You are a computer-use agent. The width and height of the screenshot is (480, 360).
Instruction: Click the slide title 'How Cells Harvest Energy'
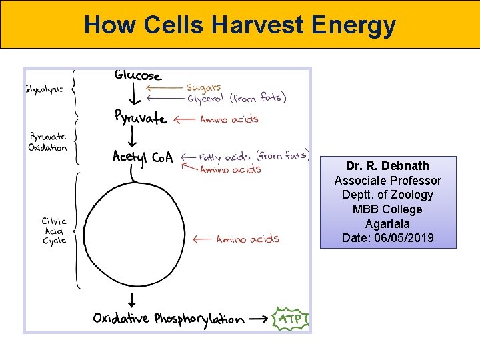point(240,25)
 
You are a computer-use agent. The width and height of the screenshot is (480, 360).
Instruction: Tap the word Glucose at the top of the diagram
point(138,75)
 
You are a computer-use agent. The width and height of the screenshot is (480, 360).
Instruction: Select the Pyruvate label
point(140,119)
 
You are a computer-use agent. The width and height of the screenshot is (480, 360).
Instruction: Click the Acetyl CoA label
point(143,157)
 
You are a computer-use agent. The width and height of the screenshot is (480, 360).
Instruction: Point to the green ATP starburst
point(290,319)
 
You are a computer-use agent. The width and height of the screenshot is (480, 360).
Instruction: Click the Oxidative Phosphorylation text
point(169,319)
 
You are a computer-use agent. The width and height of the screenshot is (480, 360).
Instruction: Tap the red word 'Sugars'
point(203,87)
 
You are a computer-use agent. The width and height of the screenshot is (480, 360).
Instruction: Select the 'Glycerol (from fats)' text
point(236,99)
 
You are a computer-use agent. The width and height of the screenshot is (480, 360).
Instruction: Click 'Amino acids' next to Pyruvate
point(229,119)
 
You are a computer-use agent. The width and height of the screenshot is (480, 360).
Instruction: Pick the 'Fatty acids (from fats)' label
point(253,157)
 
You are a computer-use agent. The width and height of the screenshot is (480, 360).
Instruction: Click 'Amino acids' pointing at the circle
point(247,239)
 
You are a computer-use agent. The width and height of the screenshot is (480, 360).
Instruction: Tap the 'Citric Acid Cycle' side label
point(54,231)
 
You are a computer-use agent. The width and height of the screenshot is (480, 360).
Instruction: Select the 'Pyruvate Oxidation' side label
point(47,142)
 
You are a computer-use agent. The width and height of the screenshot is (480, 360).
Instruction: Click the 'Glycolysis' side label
point(45,89)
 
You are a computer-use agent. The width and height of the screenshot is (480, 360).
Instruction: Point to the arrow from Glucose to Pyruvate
point(133,96)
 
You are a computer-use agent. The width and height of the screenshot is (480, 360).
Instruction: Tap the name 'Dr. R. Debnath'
point(387,166)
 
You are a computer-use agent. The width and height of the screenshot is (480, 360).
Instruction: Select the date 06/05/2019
point(387,238)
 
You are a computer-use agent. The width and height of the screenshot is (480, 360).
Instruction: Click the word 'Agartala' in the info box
point(387,223)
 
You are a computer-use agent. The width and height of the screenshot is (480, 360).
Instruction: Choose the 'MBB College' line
point(387,209)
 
